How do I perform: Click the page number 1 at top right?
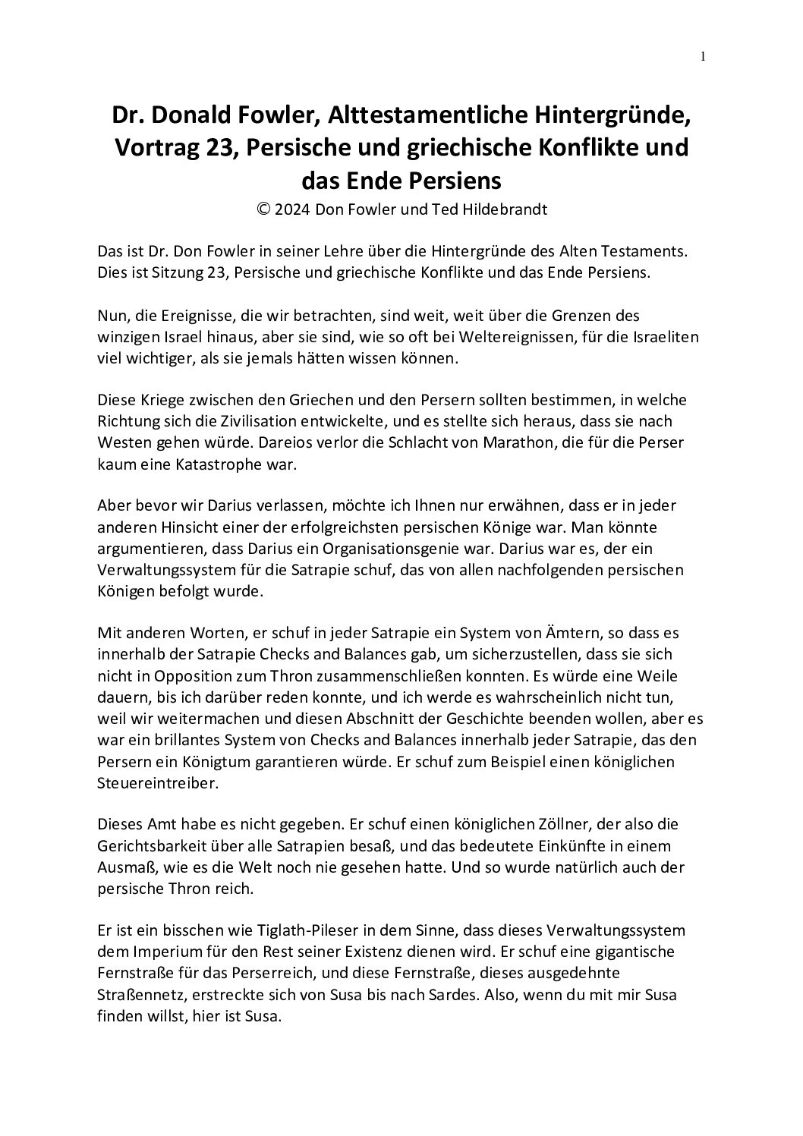pos(703,55)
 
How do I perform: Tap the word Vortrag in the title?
pos(157,147)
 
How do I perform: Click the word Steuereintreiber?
pos(158,782)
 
